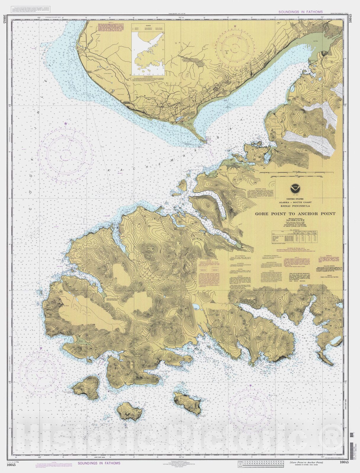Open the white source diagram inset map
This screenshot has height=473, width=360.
tap(148, 52)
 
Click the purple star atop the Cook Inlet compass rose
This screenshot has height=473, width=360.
tap(66, 123)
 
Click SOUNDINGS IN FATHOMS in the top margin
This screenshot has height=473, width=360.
tap(301, 12)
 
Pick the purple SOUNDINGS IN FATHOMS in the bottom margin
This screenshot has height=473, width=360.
tap(99, 463)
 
